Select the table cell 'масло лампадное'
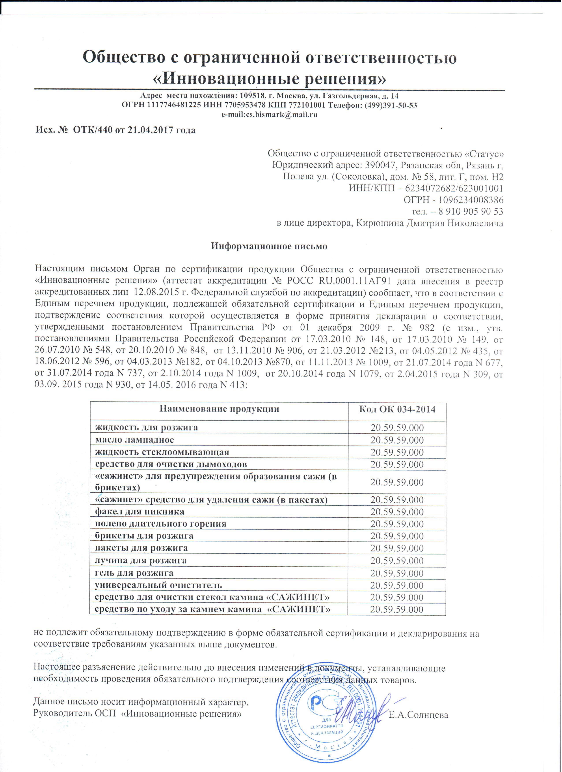coord(135,440)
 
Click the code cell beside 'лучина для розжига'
coord(397,561)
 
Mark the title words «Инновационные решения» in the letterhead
coord(269,79)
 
